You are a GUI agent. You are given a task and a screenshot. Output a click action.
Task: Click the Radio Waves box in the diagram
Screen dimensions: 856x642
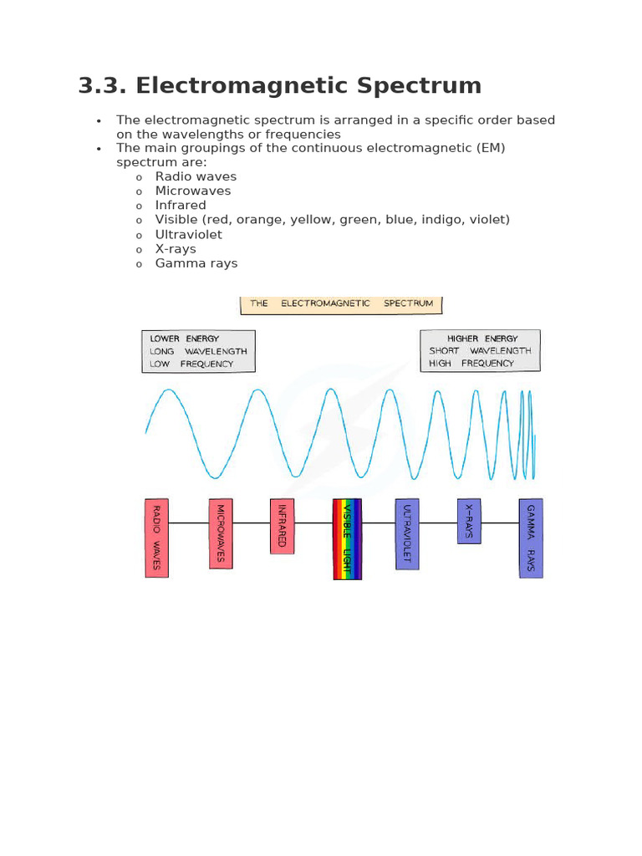coord(156,538)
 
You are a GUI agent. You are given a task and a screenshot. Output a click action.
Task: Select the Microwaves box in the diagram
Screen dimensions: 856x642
coord(221,533)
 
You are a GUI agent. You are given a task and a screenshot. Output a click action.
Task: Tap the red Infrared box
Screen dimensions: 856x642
coord(283,526)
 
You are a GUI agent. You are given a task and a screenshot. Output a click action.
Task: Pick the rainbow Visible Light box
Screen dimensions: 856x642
coord(347,539)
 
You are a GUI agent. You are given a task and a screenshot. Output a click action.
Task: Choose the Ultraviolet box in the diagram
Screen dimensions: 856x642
coord(407,533)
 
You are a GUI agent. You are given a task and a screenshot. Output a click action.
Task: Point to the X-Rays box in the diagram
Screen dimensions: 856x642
coord(469,521)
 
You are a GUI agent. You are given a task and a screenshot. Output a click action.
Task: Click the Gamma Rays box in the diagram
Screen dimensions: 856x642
coord(531,538)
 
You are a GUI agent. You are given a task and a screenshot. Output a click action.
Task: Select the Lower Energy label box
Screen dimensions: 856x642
coord(198,351)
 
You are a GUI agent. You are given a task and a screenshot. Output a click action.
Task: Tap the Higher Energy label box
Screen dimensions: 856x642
coord(480,350)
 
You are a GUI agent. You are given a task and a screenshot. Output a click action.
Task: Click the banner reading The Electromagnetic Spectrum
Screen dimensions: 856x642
coord(341,303)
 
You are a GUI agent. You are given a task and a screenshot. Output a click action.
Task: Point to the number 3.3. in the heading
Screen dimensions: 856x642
coord(102,86)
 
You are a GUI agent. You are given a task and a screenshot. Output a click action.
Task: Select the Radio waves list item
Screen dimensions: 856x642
coord(196,176)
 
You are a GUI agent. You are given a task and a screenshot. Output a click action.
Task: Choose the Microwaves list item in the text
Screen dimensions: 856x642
coord(193,191)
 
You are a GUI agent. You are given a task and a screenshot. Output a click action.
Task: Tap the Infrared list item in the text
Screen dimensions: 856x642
coord(181,205)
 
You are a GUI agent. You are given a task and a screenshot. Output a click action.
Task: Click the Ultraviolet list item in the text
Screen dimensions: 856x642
coord(189,234)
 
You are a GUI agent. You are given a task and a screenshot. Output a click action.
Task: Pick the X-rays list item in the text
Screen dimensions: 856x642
coord(176,248)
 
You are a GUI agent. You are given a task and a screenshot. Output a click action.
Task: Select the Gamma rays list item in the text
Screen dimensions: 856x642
coord(196,262)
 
